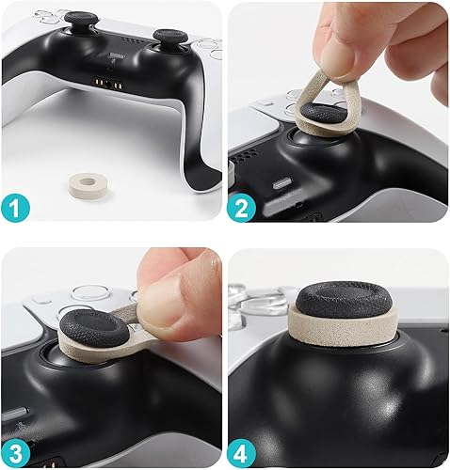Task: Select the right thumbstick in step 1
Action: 169,40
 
